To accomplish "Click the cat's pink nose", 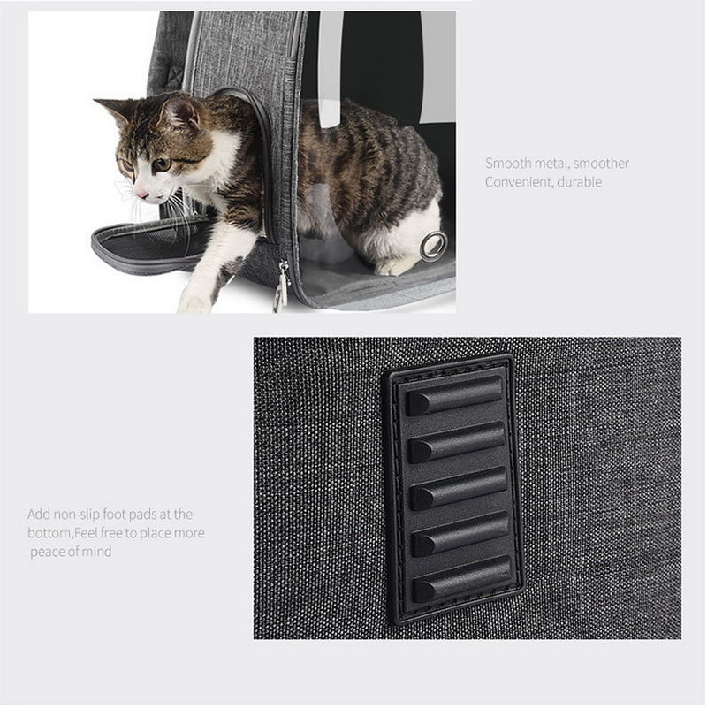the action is coord(142,194).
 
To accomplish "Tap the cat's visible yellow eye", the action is coord(162,164).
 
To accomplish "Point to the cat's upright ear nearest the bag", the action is coord(180,113).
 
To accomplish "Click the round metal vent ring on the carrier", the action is coord(432,244).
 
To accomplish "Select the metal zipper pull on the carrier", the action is coord(281,285).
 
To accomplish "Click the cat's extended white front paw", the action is coord(195,300).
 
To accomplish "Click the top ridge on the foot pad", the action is coord(453,396).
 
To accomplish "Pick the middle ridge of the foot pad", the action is coord(459,488).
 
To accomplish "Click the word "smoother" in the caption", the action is coord(601,164).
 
